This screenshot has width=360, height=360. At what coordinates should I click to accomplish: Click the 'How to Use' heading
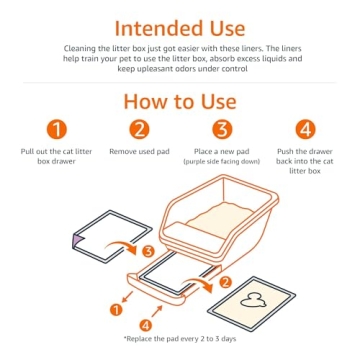(180, 103)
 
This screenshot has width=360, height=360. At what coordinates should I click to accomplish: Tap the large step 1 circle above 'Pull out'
(59, 129)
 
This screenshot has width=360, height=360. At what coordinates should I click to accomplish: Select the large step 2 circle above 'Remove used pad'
(140, 129)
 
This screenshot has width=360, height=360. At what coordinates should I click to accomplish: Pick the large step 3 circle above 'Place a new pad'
(221, 129)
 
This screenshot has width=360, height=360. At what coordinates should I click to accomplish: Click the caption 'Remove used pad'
(140, 152)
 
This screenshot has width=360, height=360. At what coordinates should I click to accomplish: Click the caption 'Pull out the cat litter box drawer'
(59, 157)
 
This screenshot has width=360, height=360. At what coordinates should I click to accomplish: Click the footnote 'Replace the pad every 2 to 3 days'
(180, 339)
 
